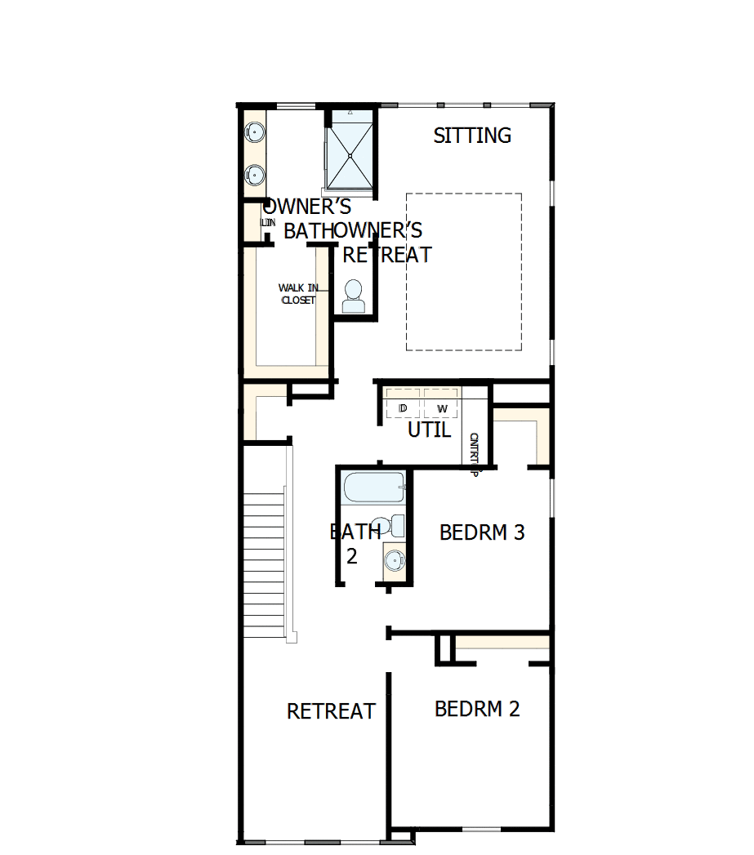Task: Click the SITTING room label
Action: [472, 136]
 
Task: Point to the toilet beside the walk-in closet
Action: [354, 296]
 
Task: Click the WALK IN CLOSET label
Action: [297, 294]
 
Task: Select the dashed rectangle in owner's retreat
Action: [464, 272]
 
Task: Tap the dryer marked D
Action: [403, 407]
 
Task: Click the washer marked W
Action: [442, 407]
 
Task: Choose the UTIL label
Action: [429, 430]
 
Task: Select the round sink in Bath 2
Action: [394, 560]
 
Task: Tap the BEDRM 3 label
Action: [482, 532]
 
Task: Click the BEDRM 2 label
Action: [477, 708]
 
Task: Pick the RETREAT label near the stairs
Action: [331, 711]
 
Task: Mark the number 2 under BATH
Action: [351, 557]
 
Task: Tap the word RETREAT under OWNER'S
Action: [386, 255]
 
